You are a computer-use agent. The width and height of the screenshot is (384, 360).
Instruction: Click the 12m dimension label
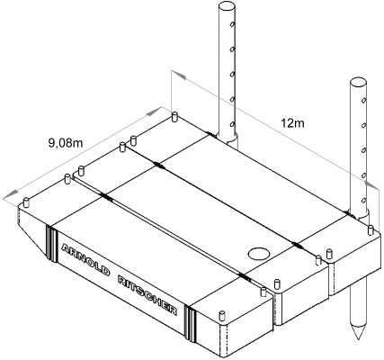click(x=292, y=123)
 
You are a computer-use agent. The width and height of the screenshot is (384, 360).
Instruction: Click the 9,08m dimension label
click(x=66, y=143)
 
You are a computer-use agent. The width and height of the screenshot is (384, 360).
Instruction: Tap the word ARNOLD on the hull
click(x=85, y=259)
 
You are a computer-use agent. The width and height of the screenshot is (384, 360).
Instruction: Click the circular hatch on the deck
click(x=259, y=254)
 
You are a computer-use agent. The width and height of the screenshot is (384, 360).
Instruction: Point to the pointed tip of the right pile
click(x=359, y=338)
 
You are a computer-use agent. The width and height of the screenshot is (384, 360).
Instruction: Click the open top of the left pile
click(x=227, y=5)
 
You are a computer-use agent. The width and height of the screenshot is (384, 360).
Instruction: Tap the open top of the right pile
click(x=358, y=83)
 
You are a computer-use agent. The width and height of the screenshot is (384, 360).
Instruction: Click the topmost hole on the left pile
click(x=232, y=24)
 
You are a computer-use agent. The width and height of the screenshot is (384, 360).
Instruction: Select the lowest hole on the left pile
click(x=232, y=123)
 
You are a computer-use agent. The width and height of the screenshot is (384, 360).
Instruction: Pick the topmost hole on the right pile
click(x=363, y=100)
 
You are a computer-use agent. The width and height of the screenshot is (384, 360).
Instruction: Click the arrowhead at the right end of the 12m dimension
click(x=371, y=184)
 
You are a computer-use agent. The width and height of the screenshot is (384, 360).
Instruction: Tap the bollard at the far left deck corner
click(x=26, y=202)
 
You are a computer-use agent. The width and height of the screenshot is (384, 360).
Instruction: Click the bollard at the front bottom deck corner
click(x=222, y=317)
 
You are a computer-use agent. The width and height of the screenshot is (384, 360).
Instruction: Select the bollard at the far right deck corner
click(x=371, y=229)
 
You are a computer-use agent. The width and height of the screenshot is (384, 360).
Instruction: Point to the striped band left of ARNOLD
click(x=50, y=242)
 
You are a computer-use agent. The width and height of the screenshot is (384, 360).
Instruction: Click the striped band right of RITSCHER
click(x=191, y=323)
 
